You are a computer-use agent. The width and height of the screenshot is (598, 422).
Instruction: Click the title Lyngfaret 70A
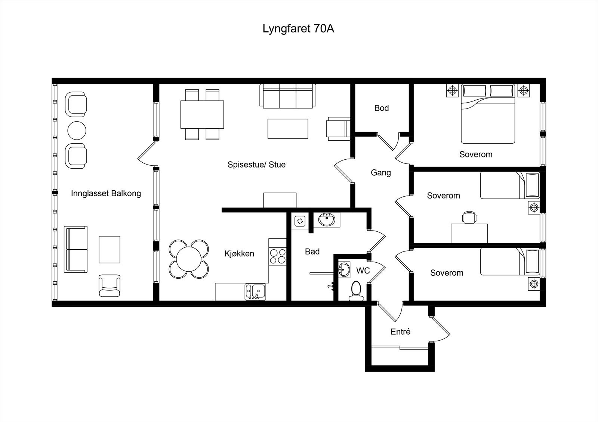pyautogui.click(x=298, y=29)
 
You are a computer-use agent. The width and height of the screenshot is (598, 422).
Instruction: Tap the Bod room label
pyautogui.click(x=382, y=108)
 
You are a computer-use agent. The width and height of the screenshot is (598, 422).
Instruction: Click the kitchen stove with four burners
pyautogui.click(x=277, y=256)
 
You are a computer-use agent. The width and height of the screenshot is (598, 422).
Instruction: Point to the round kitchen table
pyautogui.click(x=189, y=259)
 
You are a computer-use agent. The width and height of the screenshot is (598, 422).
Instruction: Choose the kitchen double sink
pyautogui.click(x=255, y=291)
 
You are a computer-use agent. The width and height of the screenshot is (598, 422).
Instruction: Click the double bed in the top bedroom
pyautogui.click(x=488, y=114)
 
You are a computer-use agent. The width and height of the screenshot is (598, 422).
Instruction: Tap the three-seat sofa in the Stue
pyautogui.click(x=287, y=96)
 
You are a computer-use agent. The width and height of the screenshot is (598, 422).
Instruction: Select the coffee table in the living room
pyautogui.click(x=288, y=129)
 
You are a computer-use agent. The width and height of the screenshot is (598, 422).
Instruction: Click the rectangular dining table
pyautogui.click(x=202, y=114)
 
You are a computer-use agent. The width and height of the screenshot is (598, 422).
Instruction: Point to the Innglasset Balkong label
pyautogui.click(x=106, y=193)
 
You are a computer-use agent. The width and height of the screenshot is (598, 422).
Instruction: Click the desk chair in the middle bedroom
pyautogui.click(x=469, y=218)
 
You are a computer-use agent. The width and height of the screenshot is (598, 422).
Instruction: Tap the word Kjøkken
pyautogui.click(x=239, y=254)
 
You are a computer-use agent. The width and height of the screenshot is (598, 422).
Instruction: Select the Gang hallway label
pyautogui.click(x=381, y=172)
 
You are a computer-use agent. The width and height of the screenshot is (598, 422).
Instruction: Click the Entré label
pyautogui.click(x=400, y=331)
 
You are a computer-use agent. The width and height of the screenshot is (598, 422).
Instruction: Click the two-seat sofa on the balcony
pyautogui.click(x=76, y=249)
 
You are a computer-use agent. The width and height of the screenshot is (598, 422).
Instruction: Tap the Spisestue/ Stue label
pyautogui.click(x=256, y=165)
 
